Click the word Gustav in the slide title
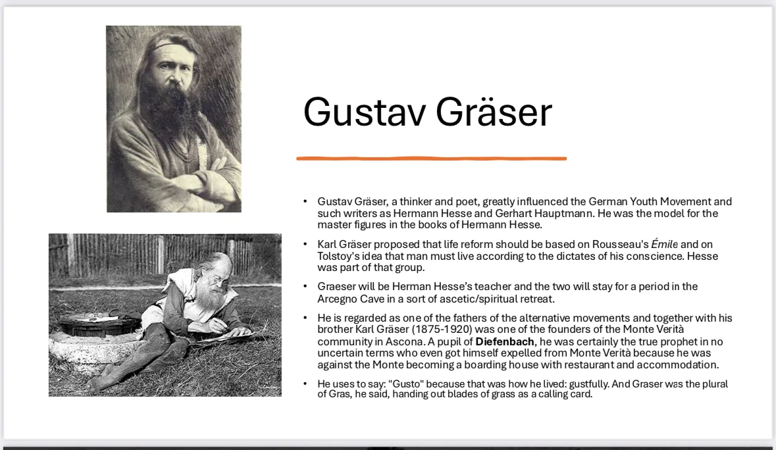click(364, 112)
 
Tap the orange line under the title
click(432, 159)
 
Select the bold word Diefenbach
click(505, 341)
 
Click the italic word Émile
click(664, 244)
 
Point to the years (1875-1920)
click(442, 330)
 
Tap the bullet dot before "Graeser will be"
click(305, 286)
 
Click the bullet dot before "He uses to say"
click(305, 384)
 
